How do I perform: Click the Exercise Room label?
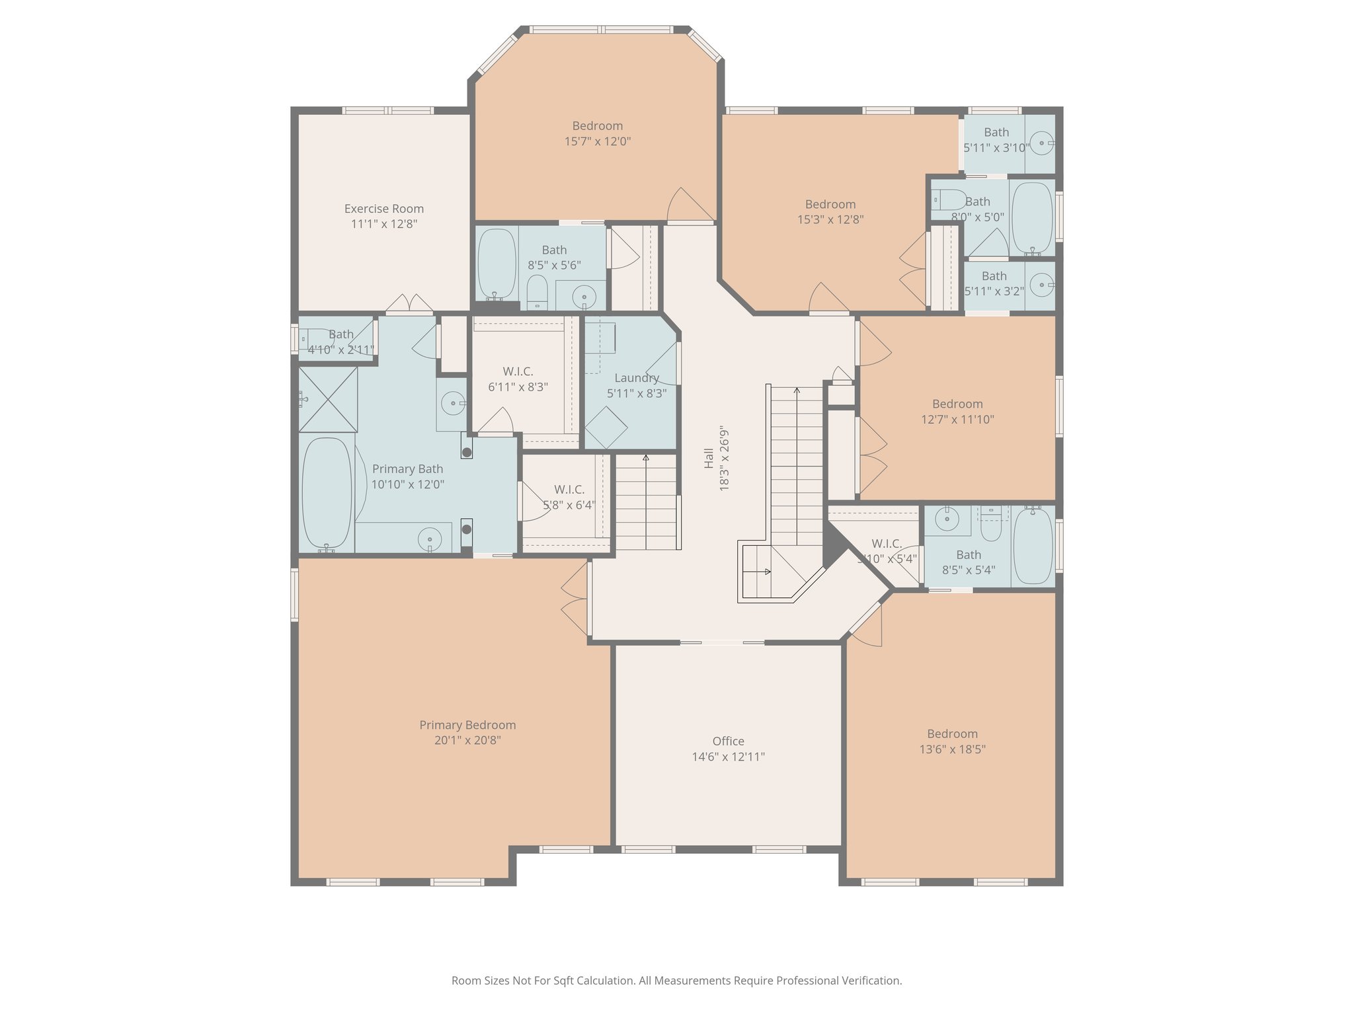point(383,209)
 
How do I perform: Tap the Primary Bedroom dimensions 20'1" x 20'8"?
point(467,741)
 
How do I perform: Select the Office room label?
point(728,741)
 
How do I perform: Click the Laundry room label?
point(636,378)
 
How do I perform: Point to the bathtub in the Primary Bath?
point(327,493)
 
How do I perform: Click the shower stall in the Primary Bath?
point(328,400)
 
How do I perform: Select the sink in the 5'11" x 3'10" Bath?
point(1043,143)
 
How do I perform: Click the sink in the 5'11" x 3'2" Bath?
point(1043,285)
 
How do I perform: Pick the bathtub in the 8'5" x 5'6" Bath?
point(497,263)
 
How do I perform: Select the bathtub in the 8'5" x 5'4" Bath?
point(1033,546)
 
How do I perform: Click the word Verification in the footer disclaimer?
point(871,981)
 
